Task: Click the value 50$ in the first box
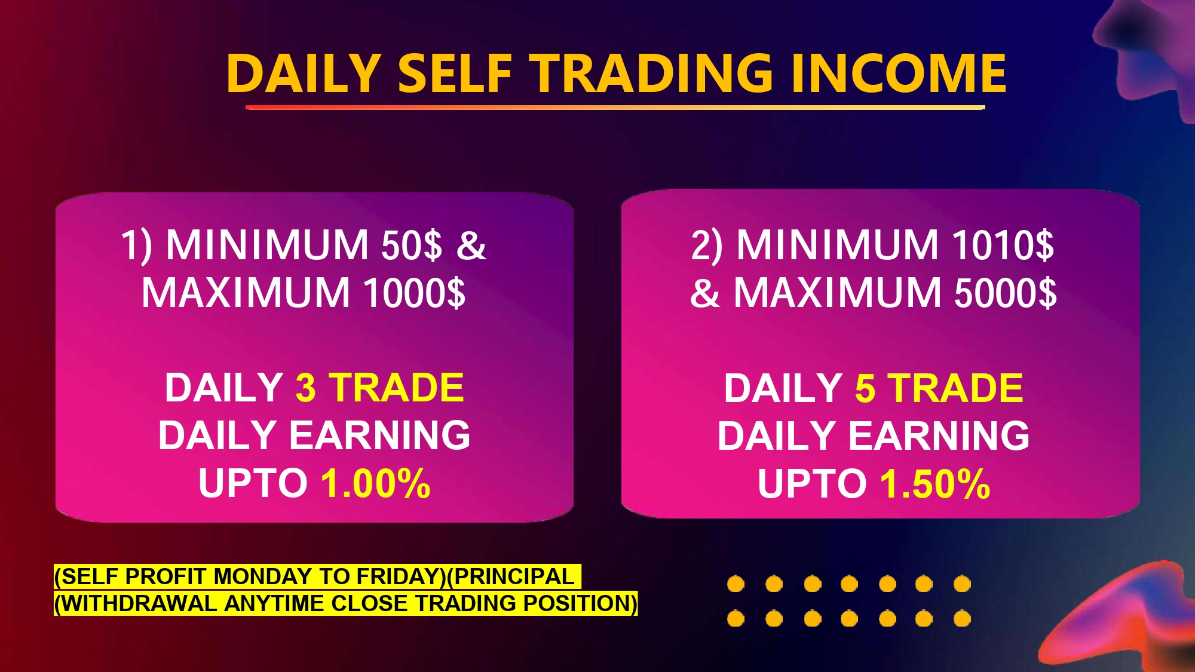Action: pos(412,245)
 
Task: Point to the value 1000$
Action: pos(415,293)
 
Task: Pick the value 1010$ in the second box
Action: pos(1003,245)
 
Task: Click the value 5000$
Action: pos(1006,293)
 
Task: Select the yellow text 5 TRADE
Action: pos(939,388)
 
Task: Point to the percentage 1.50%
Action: pos(935,483)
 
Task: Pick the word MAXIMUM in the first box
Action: pos(246,293)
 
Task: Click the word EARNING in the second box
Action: pos(939,435)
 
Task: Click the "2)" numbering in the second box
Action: pos(707,245)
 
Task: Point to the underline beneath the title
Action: pos(615,108)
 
